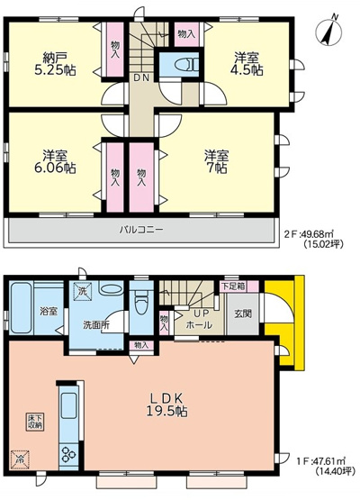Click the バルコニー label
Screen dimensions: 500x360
[142, 230]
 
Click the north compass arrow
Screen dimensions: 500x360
[330, 33]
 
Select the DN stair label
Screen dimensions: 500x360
[142, 77]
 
